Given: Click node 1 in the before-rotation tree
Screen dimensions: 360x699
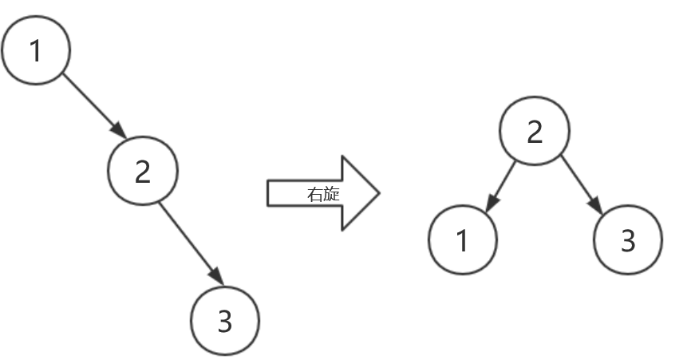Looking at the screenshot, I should pos(36,49).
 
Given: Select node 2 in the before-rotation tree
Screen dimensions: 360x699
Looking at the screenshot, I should pos(142,171).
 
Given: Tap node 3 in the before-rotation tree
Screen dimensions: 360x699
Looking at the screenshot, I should pos(225,321).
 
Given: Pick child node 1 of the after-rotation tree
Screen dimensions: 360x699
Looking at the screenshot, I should pos(463,240).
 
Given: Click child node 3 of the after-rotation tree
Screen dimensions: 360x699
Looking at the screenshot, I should pos(628,240).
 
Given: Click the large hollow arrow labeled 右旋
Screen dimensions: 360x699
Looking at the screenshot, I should pos(322,193).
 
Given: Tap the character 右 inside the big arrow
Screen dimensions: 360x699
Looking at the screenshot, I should pos(314,194).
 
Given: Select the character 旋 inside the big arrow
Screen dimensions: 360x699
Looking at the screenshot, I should pos(331,194).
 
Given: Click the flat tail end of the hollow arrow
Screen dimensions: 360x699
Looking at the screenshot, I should pos(269,193).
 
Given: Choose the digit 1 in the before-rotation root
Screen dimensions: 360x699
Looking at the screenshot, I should pos(35,50).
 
